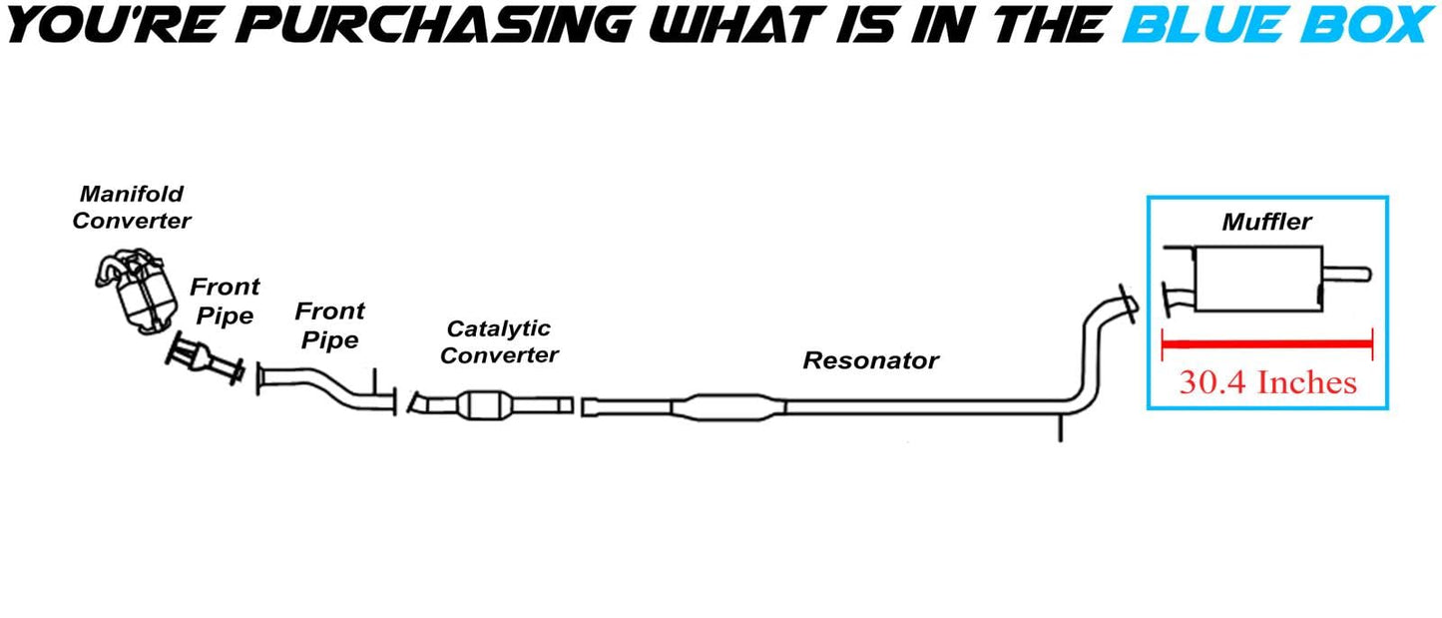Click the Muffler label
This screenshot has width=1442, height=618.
pos(1266,222)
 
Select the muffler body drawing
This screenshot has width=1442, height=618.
pos(1258,279)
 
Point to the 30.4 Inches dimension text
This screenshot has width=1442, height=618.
pos(1267,382)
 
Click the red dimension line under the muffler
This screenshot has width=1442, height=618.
pos(1267,344)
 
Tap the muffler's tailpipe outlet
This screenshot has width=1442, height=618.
pos(1347,275)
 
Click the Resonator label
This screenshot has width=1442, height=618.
pos(870,360)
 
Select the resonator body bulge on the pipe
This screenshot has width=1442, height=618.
pos(728,407)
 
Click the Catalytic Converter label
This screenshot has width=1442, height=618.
pos(499,341)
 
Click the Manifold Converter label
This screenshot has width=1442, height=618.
pos(132,208)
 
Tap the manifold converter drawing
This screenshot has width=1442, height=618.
pos(136,292)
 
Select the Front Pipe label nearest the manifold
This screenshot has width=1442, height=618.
pos(225,301)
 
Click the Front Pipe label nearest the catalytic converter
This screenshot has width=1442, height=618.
pos(329,325)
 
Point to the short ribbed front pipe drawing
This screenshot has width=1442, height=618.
pos(205,360)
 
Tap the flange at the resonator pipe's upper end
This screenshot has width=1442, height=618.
pos(1128,304)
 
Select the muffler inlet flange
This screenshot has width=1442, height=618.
pos(1166,300)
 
